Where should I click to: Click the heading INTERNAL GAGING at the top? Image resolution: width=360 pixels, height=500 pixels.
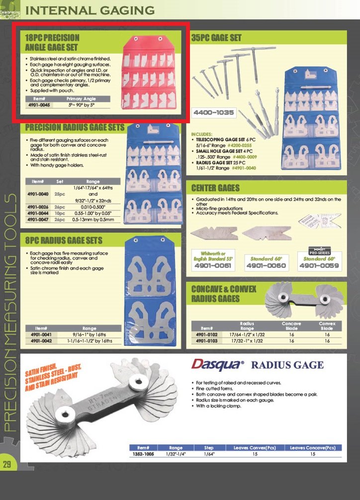click(x=90, y=9)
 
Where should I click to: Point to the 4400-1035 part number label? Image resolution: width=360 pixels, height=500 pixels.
click(x=214, y=113)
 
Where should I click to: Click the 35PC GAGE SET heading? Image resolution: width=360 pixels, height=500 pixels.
click(x=216, y=38)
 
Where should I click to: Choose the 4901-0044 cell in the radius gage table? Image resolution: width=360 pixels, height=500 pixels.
click(x=38, y=212)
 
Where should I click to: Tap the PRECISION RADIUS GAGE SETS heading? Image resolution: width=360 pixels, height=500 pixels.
click(x=75, y=128)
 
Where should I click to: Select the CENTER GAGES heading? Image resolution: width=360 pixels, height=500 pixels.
click(x=216, y=188)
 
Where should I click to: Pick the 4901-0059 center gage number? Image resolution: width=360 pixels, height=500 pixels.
click(x=319, y=266)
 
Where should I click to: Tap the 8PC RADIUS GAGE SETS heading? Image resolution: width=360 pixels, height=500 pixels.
click(x=64, y=241)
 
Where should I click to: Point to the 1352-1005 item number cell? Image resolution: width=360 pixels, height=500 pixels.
click(x=144, y=454)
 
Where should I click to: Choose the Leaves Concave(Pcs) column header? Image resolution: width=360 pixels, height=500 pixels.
click(x=313, y=448)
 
